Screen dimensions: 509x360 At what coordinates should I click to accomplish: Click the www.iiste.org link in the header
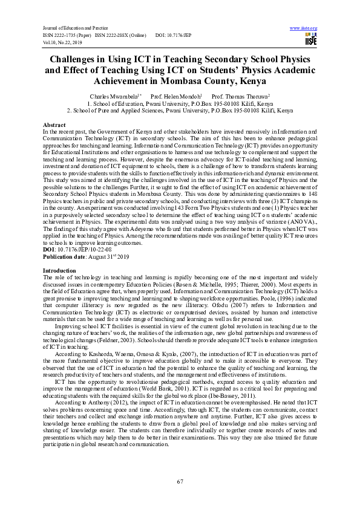pos(304,28)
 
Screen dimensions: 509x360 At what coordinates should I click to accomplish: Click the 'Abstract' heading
pos(53,124)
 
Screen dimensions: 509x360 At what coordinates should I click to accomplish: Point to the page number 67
pos(180,481)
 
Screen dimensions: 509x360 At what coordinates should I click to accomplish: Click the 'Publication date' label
pos(63,257)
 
